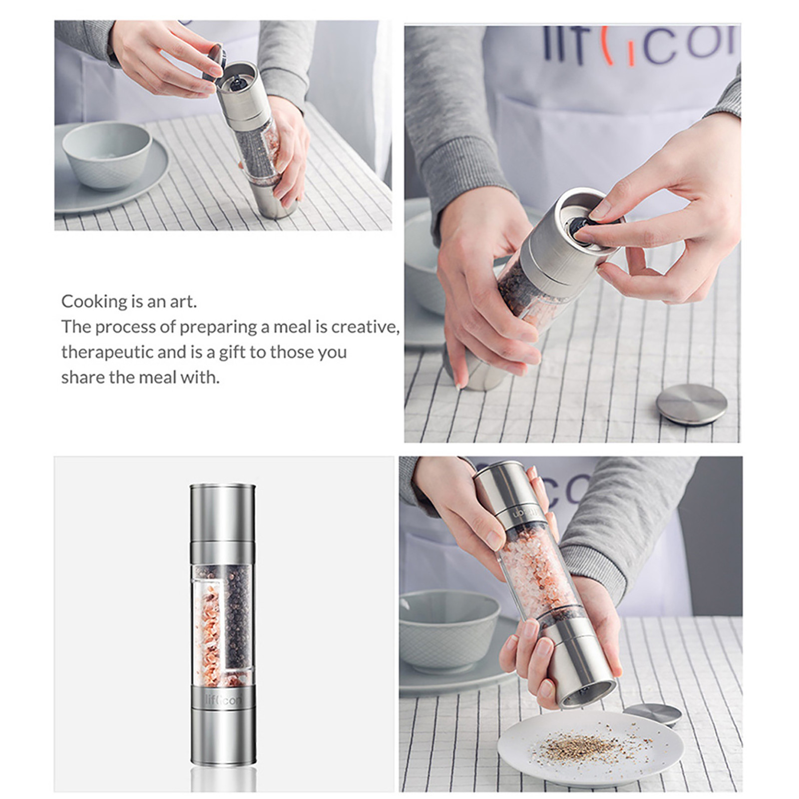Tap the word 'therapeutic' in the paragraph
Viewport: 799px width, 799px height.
point(107,352)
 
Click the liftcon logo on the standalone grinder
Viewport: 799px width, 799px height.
point(223,700)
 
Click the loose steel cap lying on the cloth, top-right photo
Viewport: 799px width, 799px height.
point(691,403)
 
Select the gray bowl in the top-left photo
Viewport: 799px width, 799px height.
point(107,155)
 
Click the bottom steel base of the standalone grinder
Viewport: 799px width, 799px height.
point(223,744)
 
